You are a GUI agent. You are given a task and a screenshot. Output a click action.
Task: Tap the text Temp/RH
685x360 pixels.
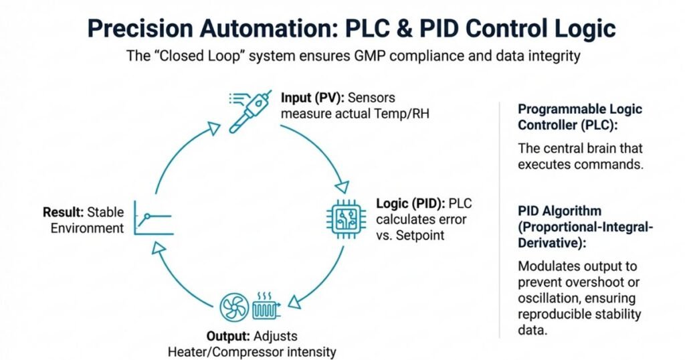pos(405,113)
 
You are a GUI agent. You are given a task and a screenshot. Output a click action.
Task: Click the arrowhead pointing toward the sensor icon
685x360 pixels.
pos(214,127)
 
